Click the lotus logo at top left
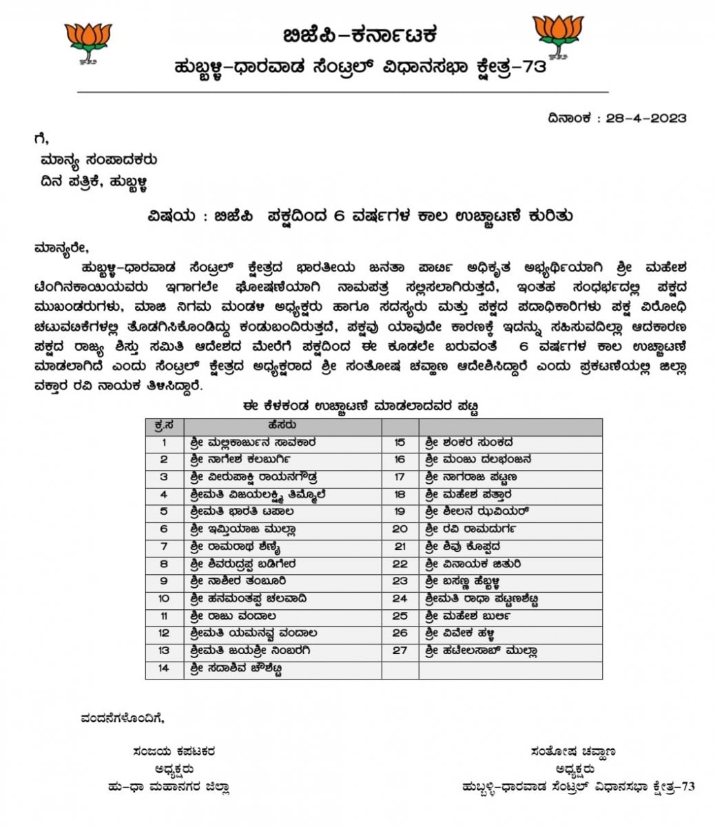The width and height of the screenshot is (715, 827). coord(87,43)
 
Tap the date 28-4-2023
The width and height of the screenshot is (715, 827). coord(646,118)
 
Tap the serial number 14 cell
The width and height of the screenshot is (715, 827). coord(164,668)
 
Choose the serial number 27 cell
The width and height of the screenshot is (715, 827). coord(400,651)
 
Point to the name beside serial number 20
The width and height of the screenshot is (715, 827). coord(470,529)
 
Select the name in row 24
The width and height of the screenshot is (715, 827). coord(481,599)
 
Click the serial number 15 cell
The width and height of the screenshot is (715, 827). coord(400,442)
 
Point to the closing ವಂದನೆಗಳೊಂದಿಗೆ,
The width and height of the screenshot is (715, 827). coord(122,718)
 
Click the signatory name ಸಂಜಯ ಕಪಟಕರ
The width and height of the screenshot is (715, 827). coord(175,752)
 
